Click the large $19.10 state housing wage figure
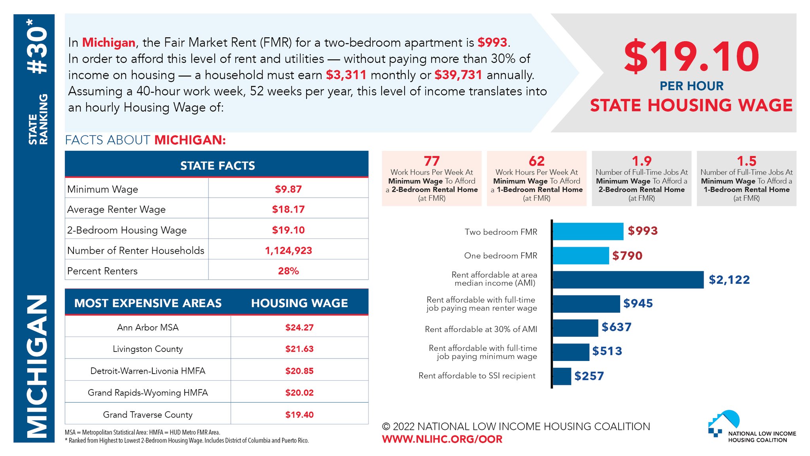click(x=691, y=57)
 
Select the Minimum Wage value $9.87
click(x=288, y=189)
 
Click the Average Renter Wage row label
click(x=116, y=209)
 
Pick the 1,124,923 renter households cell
click(x=288, y=251)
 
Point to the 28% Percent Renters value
click(x=288, y=271)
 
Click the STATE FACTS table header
click(x=217, y=165)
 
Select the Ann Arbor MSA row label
click(x=148, y=327)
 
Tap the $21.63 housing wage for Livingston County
click(x=299, y=349)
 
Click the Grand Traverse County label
click(x=148, y=414)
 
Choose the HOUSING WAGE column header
click(x=299, y=303)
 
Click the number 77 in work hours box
click(x=431, y=161)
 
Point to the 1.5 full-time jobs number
click(x=746, y=161)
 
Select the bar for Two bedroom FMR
click(x=588, y=232)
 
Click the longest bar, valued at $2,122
click(x=628, y=280)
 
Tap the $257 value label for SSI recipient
click(x=589, y=376)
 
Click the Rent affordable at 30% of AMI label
click(x=481, y=329)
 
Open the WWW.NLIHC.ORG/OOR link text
click(x=442, y=439)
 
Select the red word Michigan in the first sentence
click(x=108, y=42)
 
